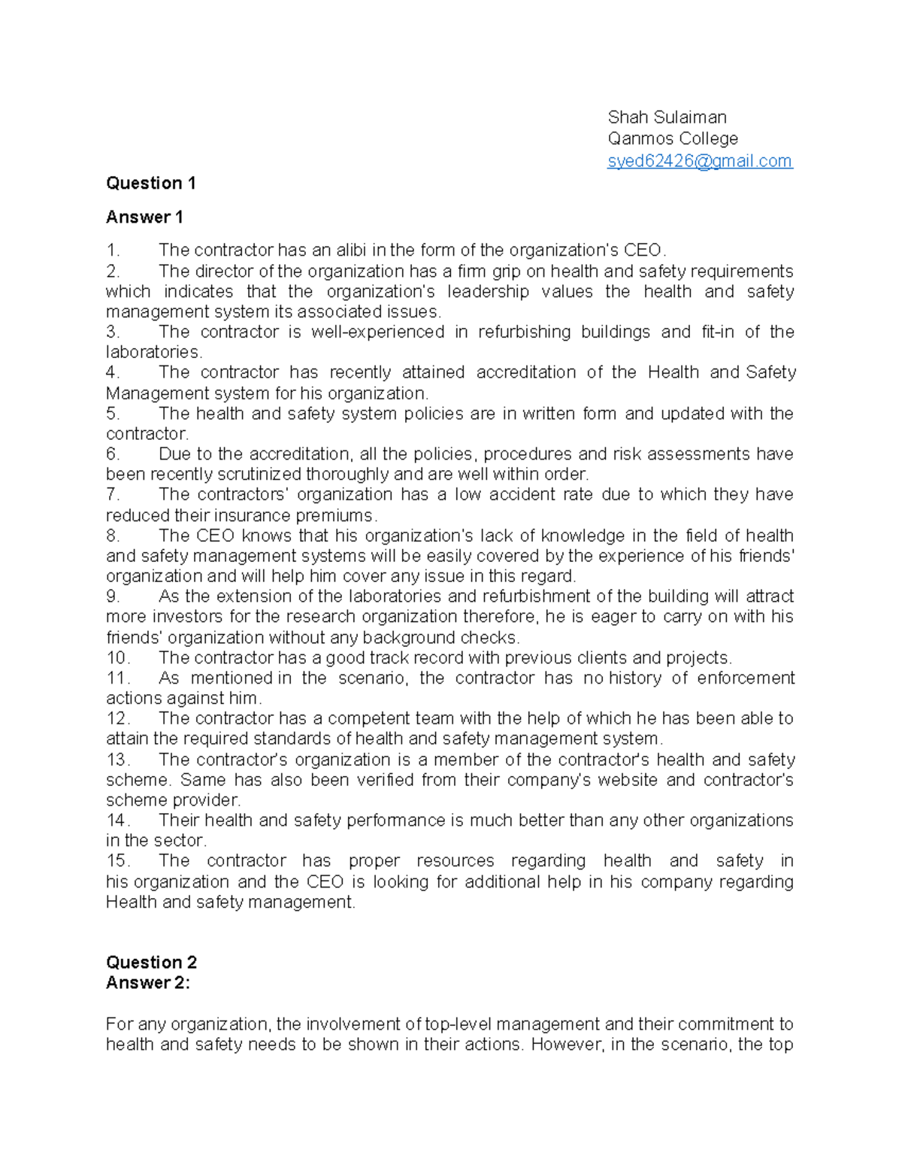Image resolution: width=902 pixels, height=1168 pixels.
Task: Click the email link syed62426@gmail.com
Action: (699, 161)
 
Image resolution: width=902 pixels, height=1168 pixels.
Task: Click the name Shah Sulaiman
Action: (667, 117)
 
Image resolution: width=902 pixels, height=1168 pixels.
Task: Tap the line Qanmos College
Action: (673, 139)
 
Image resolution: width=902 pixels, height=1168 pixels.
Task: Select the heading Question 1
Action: (151, 184)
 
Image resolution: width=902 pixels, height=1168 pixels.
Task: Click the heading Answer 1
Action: (144, 217)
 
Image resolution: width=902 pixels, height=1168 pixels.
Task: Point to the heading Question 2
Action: (151, 963)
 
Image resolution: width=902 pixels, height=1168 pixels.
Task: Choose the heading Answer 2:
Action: (148, 983)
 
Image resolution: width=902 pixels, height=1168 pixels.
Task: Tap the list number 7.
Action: (113, 495)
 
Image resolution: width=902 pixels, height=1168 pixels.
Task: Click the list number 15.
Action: (118, 861)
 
